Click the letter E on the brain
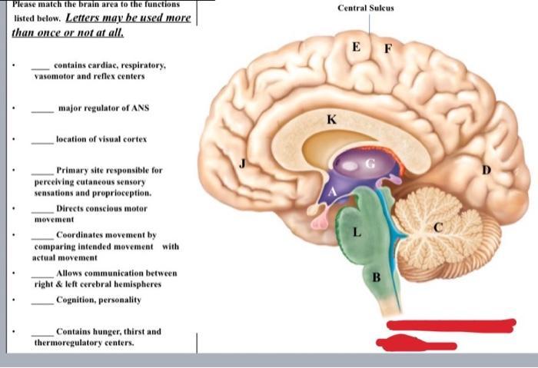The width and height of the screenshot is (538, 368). (x=356, y=47)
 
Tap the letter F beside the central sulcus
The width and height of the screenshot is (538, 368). (x=387, y=49)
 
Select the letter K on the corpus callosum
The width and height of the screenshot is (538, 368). (x=331, y=119)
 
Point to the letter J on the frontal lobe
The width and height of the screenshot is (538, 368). (x=243, y=164)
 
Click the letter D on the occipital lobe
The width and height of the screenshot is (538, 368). (x=487, y=170)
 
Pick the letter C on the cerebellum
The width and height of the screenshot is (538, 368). (x=438, y=227)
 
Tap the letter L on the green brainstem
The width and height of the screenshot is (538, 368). (x=357, y=232)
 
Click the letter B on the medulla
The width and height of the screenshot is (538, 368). (x=377, y=277)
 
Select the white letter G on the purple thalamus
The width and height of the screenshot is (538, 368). (x=370, y=164)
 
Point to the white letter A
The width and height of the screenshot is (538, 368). (x=332, y=191)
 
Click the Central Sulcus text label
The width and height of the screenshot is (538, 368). (x=366, y=8)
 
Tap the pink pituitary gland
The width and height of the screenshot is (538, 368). (x=320, y=224)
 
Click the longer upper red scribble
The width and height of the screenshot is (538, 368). (x=451, y=325)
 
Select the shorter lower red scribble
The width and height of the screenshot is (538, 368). (x=416, y=343)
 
